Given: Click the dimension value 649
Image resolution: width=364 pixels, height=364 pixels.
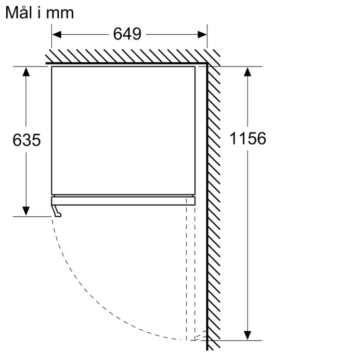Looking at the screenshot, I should coord(127,34).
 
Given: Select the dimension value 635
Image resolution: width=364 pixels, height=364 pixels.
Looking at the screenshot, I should coord(27,140).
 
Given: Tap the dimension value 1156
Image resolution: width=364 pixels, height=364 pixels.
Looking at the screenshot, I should coord(248,138).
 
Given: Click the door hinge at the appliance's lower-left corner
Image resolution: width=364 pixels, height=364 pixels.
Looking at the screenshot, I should coord(56,210).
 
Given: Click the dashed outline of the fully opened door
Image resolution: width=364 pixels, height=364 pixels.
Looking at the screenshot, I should coord(191,270).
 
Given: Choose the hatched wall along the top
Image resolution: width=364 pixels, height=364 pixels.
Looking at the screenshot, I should coord(125,56).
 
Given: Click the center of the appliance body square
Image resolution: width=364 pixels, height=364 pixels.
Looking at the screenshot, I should coord(123,130).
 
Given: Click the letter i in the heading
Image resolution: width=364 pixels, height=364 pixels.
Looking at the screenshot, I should coord(39,12).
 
